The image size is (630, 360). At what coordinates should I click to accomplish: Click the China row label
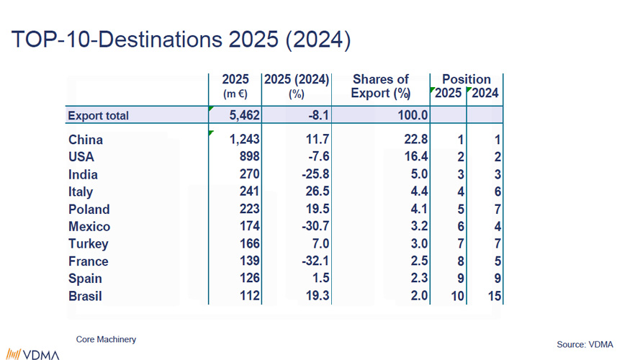tap(86, 140)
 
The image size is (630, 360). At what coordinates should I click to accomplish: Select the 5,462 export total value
tap(244, 115)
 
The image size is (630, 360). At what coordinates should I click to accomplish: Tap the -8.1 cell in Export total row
tap(319, 115)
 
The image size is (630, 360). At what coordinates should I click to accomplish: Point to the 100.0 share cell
tap(413, 115)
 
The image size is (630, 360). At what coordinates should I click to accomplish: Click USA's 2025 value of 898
tap(250, 156)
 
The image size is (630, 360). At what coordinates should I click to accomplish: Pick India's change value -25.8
tap(315, 174)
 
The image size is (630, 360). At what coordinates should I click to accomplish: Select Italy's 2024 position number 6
tap(498, 192)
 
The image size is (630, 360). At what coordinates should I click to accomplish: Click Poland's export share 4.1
tap(419, 209)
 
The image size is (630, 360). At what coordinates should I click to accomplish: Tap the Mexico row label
tap(89, 227)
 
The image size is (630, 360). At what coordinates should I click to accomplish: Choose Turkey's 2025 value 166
tap(250, 244)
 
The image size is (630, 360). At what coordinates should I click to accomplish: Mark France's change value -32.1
tap(315, 261)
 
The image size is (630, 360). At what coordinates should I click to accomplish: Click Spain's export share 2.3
tap(419, 278)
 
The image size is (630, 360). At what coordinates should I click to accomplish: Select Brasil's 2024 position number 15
tap(495, 296)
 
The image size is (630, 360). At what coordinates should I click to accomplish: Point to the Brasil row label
tap(85, 296)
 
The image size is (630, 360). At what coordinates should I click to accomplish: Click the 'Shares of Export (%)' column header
tap(380, 86)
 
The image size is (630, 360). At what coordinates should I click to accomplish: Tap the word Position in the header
tap(466, 79)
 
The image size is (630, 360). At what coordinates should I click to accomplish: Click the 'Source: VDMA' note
tap(585, 344)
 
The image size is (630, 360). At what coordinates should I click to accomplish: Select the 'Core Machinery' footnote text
tap(106, 340)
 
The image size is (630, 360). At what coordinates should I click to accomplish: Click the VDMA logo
tap(33, 354)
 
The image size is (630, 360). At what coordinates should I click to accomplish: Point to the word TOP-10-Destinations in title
tap(117, 40)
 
